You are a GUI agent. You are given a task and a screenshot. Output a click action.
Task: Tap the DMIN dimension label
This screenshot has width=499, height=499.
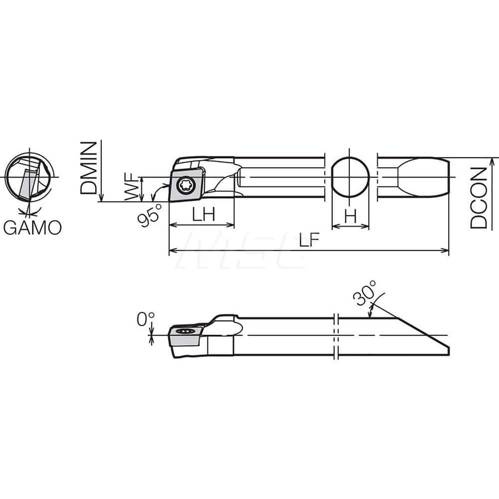coord(87,167)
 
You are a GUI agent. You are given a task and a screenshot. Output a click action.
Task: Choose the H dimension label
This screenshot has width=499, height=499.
coord(351,216)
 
